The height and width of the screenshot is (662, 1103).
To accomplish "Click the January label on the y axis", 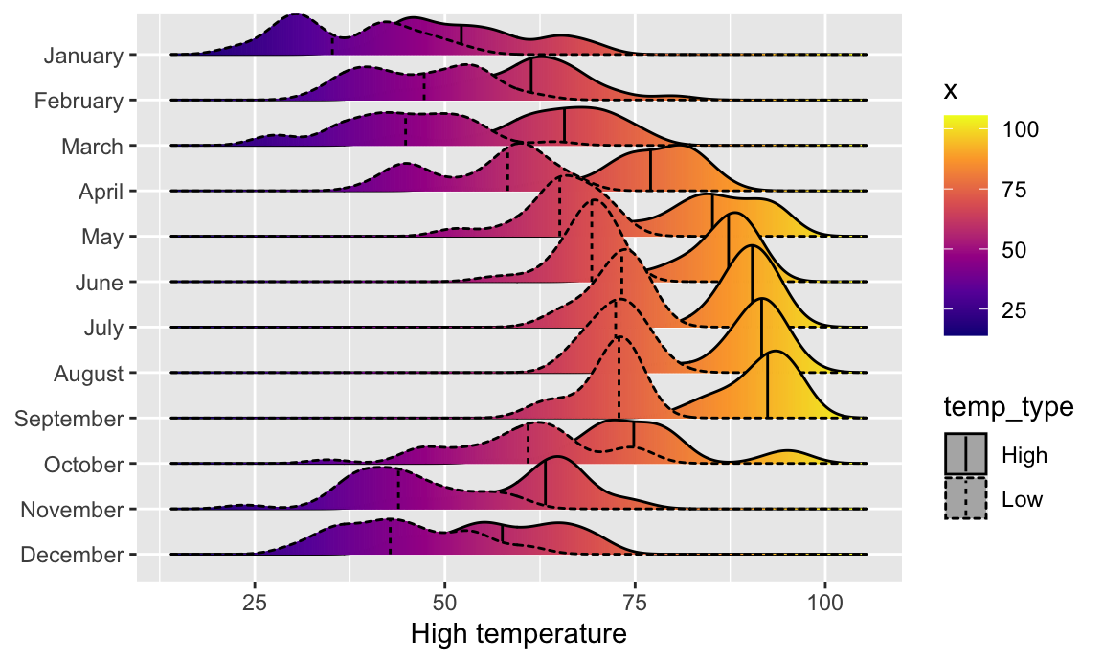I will pos(83,56).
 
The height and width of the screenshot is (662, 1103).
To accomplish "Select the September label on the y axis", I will pos(69,419).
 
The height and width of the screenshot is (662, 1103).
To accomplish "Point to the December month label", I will pos(71,556).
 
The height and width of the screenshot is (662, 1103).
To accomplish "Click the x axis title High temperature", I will pos(518,634).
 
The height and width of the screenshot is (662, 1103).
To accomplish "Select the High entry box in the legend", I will pos(966,454).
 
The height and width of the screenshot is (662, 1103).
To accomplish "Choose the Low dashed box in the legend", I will pos(966,498).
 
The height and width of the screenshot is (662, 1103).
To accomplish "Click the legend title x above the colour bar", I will pos(951,91).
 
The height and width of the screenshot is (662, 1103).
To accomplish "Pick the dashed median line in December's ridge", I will pos(390,536).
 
